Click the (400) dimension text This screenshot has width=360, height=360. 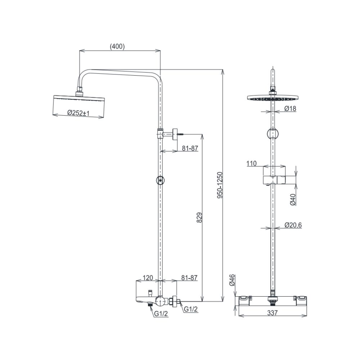point(117,46)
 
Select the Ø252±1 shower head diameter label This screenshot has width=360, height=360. point(78,113)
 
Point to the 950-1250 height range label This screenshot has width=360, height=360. point(221,185)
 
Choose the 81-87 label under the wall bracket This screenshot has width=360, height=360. point(189,148)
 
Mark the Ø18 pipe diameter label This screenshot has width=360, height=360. point(290,108)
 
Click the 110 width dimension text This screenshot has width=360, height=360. point(251,163)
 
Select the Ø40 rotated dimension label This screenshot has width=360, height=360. point(293,199)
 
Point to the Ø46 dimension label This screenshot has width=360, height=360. point(232,280)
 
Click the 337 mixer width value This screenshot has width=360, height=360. point(273,313)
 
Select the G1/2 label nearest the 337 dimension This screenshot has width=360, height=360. point(191,309)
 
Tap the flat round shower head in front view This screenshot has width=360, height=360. point(273,98)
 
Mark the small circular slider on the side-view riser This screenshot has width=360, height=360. point(160,181)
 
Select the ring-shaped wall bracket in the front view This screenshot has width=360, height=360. point(273,134)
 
